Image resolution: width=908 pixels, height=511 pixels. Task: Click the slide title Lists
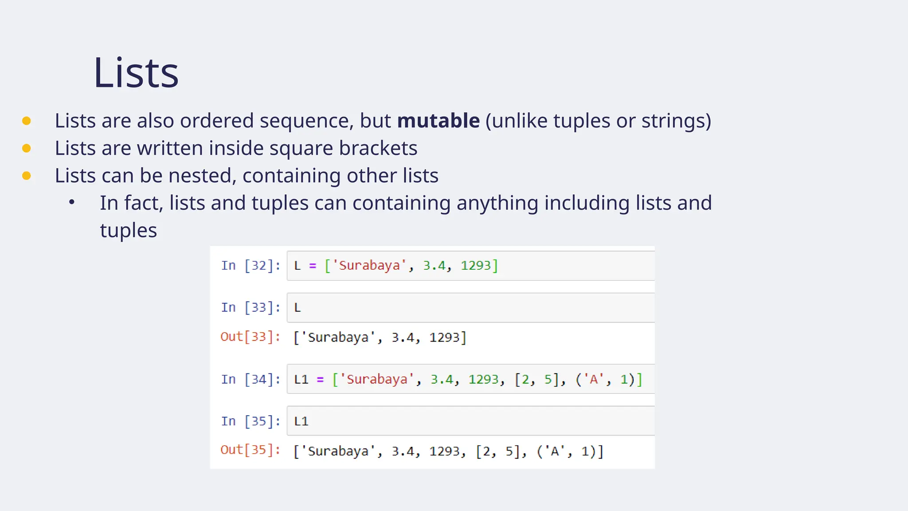point(136,73)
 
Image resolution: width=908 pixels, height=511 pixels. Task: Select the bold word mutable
point(438,121)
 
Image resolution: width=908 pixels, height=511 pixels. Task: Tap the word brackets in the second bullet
point(378,148)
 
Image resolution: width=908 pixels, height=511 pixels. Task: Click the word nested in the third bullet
point(202,176)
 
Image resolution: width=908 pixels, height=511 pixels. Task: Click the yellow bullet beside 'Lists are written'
point(27,148)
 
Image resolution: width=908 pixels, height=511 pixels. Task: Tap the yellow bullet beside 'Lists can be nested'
point(27,176)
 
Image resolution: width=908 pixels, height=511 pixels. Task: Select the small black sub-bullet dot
point(72,203)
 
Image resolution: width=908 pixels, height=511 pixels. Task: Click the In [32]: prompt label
point(250,266)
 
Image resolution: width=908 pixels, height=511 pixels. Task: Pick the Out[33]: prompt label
point(250,337)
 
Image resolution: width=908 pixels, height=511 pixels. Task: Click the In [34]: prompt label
point(250,380)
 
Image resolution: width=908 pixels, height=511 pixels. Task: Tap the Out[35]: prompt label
point(250,450)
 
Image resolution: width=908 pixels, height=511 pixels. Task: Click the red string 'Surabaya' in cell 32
point(369,266)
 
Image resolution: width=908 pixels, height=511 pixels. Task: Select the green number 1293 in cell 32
point(476,266)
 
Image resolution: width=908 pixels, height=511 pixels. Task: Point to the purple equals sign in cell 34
point(320,380)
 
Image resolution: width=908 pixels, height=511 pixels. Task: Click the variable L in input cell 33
point(297,308)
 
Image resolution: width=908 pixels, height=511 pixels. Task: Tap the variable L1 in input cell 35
point(301,421)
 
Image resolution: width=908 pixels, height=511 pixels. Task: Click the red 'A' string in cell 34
point(594,380)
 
